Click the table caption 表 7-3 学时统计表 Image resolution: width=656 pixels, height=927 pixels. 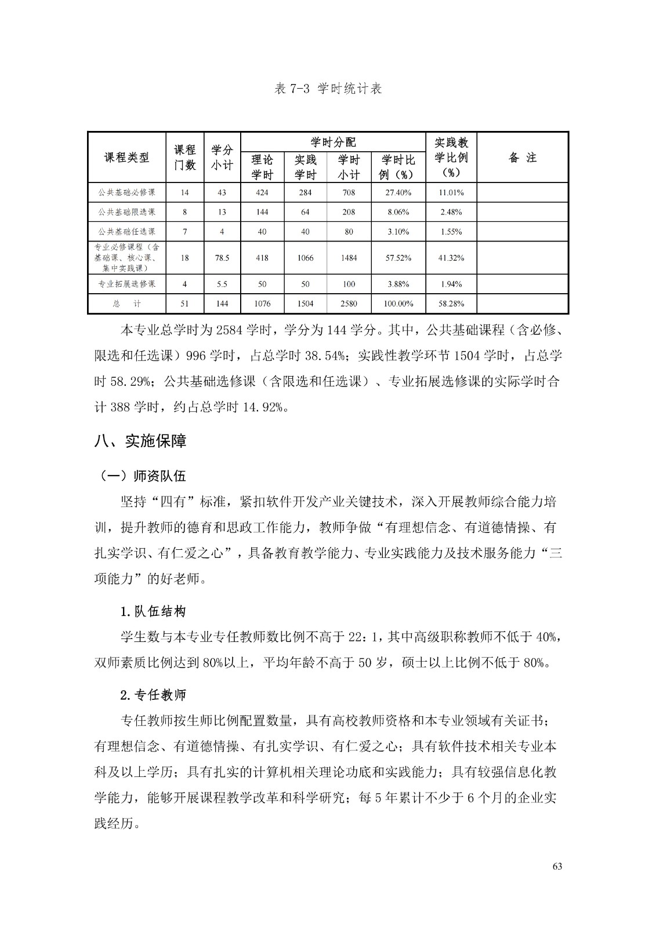pyautogui.click(x=328, y=89)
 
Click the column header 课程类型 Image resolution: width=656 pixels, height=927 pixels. pyautogui.click(x=126, y=158)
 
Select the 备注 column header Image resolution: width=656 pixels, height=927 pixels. pyautogui.click(x=522, y=158)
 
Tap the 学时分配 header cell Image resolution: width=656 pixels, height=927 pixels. pyautogui.click(x=333, y=142)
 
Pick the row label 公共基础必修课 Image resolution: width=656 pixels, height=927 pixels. pyautogui.click(x=126, y=192)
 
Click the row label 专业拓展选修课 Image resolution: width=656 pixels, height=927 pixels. pyautogui.click(x=126, y=284)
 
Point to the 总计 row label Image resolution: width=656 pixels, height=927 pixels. pyautogui.click(x=126, y=304)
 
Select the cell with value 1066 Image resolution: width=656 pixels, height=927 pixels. pyautogui.click(x=306, y=258)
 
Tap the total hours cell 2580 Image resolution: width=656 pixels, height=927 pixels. pyautogui.click(x=349, y=304)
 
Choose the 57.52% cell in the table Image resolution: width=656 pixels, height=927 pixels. pyautogui.click(x=398, y=258)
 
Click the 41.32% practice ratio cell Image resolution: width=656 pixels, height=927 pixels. pyautogui.click(x=451, y=258)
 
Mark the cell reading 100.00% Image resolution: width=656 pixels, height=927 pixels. pyautogui.click(x=398, y=304)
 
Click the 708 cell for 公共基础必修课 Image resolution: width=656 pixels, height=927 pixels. pyautogui.click(x=349, y=192)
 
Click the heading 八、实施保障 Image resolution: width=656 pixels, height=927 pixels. pyautogui.click(x=140, y=441)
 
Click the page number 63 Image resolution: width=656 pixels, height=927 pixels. pyautogui.click(x=557, y=867)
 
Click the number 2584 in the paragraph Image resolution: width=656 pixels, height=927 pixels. pyautogui.click(x=229, y=331)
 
